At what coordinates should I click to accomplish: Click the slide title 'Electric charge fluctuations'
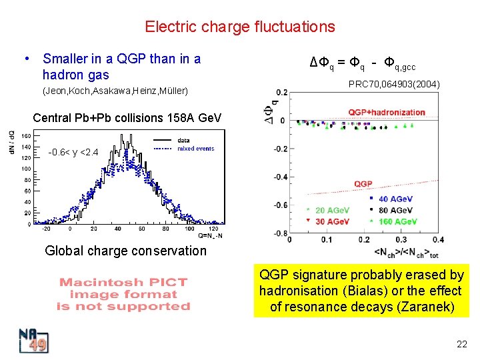[x=240, y=27]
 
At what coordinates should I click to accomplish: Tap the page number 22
[x=461, y=344]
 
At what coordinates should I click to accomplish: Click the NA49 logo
[x=32, y=340]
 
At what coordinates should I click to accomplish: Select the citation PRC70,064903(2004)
[x=394, y=85]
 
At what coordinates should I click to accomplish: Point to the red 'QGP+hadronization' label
[x=386, y=112]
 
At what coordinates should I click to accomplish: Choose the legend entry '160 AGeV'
[x=397, y=221]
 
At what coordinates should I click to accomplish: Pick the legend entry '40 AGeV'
[x=393, y=199]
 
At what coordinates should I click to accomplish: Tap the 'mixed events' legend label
[x=195, y=149]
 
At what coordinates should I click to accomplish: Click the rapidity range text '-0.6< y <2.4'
[x=73, y=153]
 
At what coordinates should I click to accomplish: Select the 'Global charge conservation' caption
[x=125, y=251]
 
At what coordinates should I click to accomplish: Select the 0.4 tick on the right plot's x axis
[x=438, y=239]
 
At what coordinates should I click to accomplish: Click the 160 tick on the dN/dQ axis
[x=26, y=136]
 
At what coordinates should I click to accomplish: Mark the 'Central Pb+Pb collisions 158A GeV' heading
[x=127, y=118]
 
